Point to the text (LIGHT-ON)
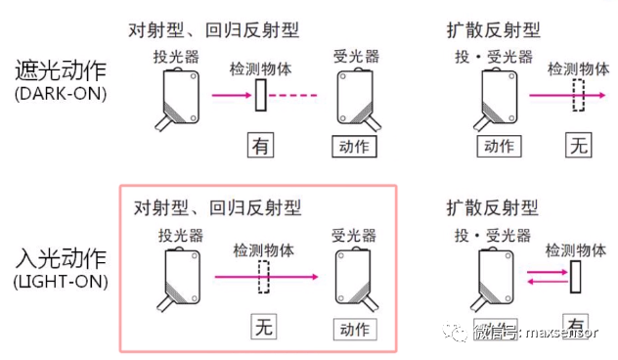[61, 284]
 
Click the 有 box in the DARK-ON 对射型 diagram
[260, 147]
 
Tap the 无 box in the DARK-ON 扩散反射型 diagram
[579, 147]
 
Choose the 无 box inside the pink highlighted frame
[262, 327]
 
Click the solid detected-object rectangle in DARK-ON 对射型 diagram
[261, 97]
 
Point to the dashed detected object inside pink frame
[262, 277]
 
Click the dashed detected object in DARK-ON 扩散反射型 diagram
[579, 97]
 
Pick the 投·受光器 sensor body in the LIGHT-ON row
[497, 276]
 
